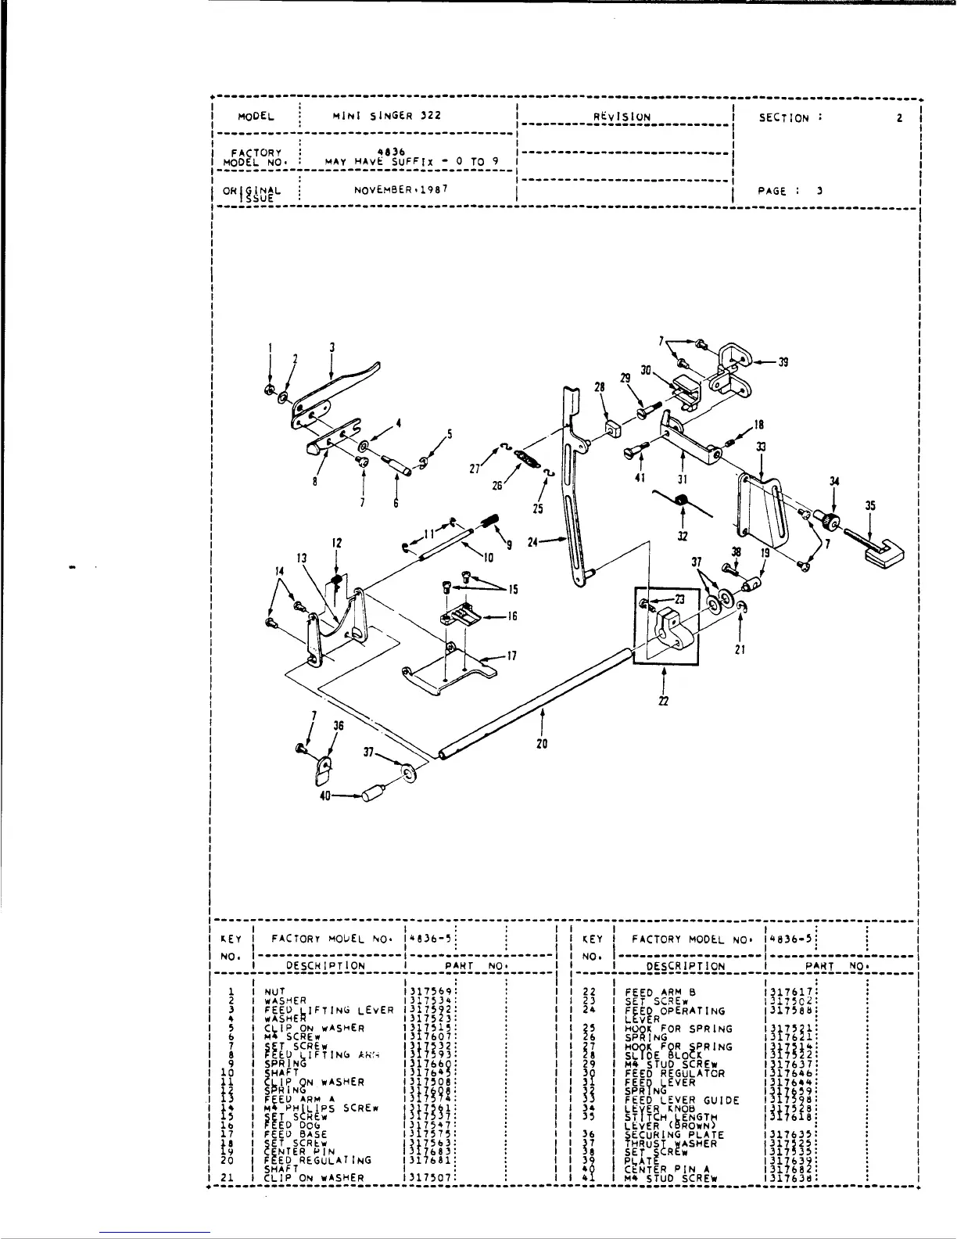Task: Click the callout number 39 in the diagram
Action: (x=783, y=361)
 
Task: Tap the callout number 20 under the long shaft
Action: (x=542, y=744)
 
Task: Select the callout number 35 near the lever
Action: (x=870, y=506)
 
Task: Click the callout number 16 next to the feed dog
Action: (x=512, y=616)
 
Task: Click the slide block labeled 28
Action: (x=611, y=428)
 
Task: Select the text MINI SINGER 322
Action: (x=387, y=116)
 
